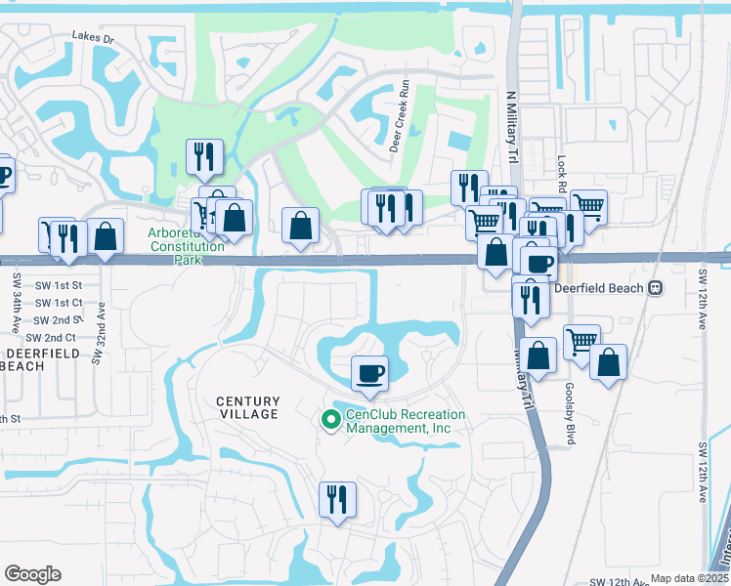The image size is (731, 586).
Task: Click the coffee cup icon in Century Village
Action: tap(370, 373)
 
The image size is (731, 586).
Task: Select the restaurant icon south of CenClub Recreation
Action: tap(337, 499)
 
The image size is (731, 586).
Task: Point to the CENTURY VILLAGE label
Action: tap(247, 407)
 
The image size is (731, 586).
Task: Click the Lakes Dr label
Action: tap(93, 36)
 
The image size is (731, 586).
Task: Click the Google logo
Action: tap(32, 574)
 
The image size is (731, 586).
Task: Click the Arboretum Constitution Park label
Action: tap(186, 239)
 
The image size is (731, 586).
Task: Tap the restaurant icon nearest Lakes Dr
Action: tap(204, 156)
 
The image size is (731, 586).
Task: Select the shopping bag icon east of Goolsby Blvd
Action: tap(609, 362)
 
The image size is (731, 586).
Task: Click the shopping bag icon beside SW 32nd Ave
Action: tap(106, 236)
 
